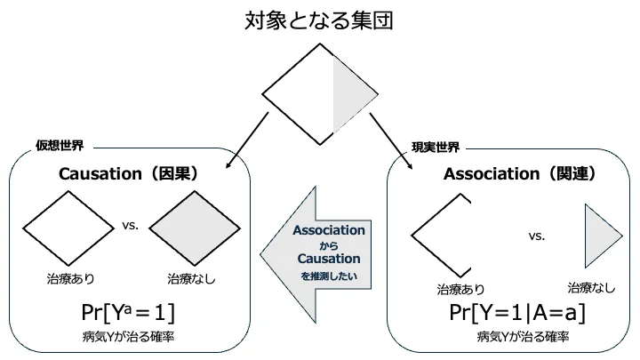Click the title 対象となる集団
pos(319,20)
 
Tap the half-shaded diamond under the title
pos(320,94)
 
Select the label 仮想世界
pos(60,145)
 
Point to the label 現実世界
pos(436,147)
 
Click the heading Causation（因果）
pos(128,174)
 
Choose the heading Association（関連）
pos(520,174)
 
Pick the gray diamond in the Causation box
pos(195,228)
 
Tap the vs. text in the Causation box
pos(130,225)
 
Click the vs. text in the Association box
pos(537,236)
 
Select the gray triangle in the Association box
pos(604,236)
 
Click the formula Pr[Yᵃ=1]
pos(128,313)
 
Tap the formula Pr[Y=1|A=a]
pos(517,313)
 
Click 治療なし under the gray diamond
pos(191,279)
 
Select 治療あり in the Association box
pos(460,290)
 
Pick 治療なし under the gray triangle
pos(591,288)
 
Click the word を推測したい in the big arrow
pos(329,276)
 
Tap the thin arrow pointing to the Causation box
pos(247,140)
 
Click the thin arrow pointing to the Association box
pos(391,141)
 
